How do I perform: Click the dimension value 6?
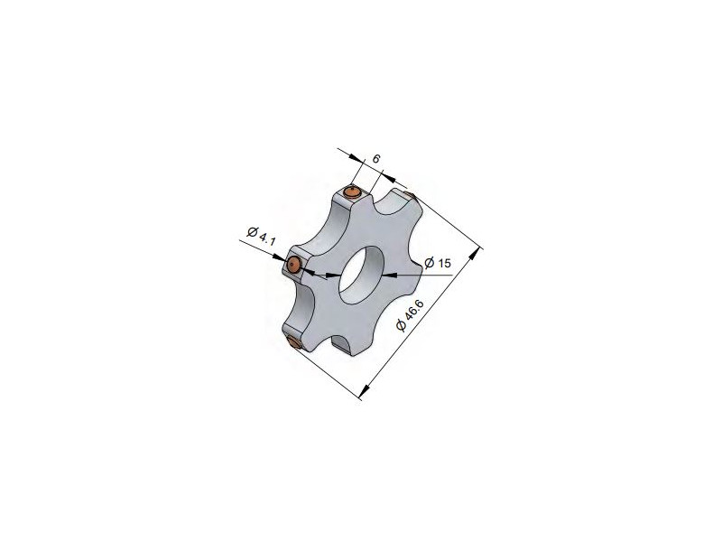click(376, 159)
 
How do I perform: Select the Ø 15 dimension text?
click(438, 263)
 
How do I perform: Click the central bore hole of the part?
click(361, 275)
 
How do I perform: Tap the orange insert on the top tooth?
click(353, 192)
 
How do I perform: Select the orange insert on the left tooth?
click(293, 265)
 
